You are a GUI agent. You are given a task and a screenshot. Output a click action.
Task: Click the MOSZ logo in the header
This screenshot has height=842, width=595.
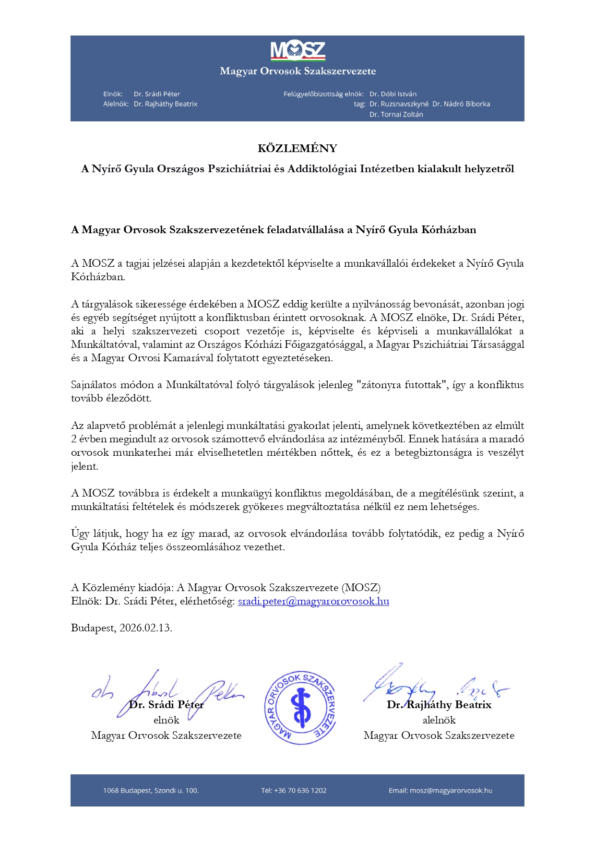297,51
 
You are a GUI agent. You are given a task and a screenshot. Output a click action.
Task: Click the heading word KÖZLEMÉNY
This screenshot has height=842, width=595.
297,148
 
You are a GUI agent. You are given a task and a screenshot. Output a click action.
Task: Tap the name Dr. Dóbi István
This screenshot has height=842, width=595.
393,94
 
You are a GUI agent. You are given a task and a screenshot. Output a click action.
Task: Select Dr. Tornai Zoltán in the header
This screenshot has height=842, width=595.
396,114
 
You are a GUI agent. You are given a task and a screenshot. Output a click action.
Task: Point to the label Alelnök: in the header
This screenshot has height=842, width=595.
116,104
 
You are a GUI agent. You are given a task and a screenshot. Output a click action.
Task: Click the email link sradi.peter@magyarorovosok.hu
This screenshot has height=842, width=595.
313,601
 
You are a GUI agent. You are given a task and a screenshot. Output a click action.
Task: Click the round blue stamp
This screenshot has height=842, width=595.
301,708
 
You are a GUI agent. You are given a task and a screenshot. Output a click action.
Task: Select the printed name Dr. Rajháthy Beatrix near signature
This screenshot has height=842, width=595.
439,705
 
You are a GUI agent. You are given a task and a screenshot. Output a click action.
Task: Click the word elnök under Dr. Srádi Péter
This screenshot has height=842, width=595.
166,720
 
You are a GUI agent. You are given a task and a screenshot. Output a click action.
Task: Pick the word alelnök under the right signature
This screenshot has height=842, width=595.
439,720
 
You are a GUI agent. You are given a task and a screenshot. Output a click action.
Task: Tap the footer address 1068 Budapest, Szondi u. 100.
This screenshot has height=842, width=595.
151,790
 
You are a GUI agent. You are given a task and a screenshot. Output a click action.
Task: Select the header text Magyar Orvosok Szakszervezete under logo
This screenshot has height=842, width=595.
297,71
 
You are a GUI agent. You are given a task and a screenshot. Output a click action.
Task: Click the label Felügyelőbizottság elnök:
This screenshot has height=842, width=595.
323,94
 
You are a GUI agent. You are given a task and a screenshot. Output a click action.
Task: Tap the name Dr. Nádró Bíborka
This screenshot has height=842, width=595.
461,104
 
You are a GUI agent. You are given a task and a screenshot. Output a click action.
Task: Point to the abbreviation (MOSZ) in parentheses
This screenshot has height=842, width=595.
361,588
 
